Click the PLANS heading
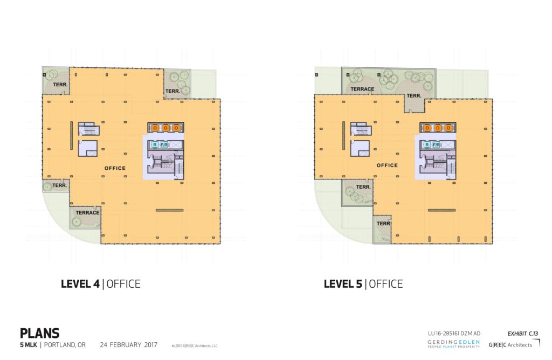39,333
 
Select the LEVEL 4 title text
100,284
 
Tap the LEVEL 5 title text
363,284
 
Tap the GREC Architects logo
513,344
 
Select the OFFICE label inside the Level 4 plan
115,168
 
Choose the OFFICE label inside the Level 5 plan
387,165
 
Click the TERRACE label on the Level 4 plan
87,213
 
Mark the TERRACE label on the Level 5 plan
362,89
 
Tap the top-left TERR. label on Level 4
56,86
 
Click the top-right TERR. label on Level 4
172,91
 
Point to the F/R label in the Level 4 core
164,144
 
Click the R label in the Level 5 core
426,144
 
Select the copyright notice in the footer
194,346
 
